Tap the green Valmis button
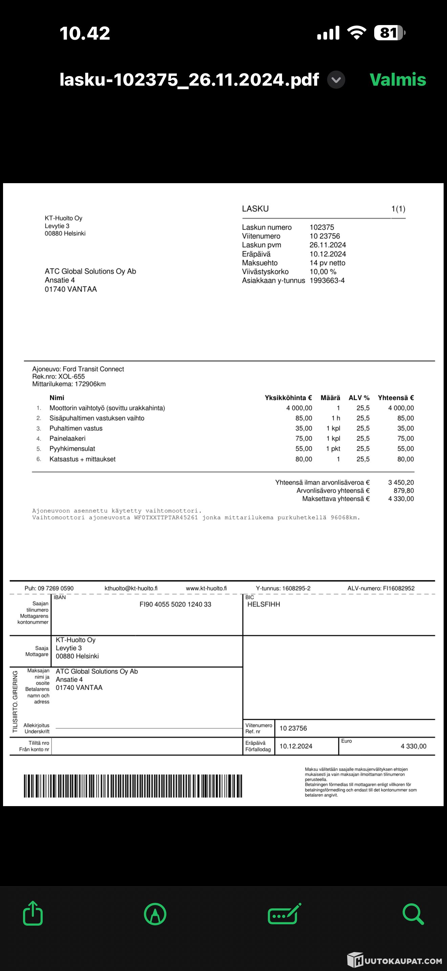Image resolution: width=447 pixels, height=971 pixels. [398, 80]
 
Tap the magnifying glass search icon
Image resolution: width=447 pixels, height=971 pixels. [413, 913]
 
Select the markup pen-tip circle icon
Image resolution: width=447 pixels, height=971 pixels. [155, 914]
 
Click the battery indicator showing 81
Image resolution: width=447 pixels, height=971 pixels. [388, 33]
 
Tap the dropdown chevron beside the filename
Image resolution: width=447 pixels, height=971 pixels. [336, 80]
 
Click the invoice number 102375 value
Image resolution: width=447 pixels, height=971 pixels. [321, 227]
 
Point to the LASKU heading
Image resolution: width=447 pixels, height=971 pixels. [255, 209]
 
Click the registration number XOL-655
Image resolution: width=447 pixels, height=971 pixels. [71, 376]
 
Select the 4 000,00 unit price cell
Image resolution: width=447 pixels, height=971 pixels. [299, 408]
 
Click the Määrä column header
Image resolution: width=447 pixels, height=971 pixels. [330, 398]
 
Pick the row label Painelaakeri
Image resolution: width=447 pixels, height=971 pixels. [67, 438]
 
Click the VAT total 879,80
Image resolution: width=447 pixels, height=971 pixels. [404, 490]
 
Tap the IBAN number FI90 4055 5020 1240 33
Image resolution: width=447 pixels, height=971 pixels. [175, 604]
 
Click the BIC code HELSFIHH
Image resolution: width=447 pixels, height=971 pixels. [263, 604]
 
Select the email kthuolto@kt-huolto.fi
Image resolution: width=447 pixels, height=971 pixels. [131, 588]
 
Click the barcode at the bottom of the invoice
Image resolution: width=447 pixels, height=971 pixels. [133, 786]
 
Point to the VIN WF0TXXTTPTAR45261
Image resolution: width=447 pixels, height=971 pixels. [166, 518]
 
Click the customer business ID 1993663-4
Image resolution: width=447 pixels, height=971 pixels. [327, 280]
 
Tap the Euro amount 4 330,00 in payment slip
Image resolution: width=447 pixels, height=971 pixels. [413, 746]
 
